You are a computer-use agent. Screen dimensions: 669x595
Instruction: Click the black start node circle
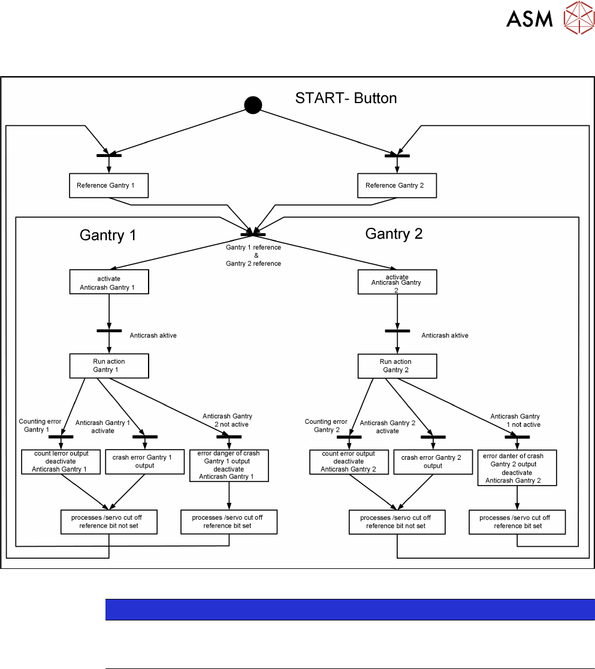tap(253, 106)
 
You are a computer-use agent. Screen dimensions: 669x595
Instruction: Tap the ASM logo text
tap(529, 19)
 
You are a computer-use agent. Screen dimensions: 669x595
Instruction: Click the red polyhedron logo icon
tap(578, 18)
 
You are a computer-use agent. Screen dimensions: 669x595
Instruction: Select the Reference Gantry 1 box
tap(108, 186)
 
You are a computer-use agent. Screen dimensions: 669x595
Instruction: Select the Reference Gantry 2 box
tap(397, 186)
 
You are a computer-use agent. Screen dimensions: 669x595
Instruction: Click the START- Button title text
tap(346, 98)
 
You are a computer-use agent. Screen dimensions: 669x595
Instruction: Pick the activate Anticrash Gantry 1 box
tap(108, 282)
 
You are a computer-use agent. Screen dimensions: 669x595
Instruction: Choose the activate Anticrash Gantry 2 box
tap(397, 282)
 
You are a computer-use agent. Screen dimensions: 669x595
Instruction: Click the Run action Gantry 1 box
tap(108, 366)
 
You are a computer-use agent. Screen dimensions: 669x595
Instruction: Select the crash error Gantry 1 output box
tap(142, 462)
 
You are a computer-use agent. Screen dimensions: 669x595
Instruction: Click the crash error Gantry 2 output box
tap(431, 462)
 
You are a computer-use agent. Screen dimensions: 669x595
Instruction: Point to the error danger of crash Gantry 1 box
tap(228, 465)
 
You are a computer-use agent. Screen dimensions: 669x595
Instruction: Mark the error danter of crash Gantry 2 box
tap(517, 468)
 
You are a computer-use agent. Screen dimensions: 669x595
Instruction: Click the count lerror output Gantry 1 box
tap(61, 462)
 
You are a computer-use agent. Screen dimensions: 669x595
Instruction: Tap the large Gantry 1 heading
tap(108, 236)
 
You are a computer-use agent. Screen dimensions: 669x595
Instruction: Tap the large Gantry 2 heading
tap(394, 234)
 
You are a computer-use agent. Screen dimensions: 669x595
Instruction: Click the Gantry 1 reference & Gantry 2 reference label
tap(253, 255)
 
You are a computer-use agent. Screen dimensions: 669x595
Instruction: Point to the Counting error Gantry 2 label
tap(326, 426)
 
